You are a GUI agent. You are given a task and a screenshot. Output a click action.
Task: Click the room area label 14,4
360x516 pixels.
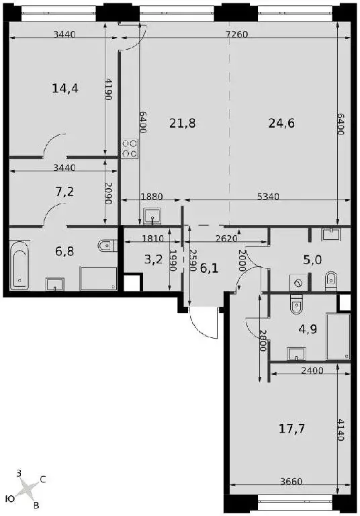point(65,88)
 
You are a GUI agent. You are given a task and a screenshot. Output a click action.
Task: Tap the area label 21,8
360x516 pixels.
point(182,124)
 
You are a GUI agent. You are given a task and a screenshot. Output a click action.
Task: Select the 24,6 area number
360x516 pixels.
point(281,124)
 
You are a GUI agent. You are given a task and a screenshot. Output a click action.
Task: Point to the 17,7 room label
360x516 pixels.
point(291,429)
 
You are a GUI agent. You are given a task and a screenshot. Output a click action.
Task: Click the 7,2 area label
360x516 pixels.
point(64,191)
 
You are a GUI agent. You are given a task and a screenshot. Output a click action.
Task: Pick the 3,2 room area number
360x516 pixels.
point(153,259)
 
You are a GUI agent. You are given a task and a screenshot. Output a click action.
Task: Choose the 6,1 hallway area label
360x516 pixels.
point(210,269)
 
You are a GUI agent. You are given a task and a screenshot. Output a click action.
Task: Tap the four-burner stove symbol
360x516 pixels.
point(130,148)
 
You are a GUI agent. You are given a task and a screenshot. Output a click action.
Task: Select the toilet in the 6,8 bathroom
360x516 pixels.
point(106,245)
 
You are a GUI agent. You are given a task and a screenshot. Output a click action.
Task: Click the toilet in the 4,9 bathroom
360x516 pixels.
point(297,305)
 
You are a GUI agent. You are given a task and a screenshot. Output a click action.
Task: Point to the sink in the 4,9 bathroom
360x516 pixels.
point(296,354)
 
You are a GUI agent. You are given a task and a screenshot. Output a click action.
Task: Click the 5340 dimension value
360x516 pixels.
point(268,196)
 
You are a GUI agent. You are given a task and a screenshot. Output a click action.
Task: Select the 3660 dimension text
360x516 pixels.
point(291,481)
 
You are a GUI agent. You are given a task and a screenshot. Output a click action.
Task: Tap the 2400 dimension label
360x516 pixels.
point(312,371)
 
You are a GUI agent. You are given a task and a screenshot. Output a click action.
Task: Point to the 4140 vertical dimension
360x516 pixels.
point(341,429)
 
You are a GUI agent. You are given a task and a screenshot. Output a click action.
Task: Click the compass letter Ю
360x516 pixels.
point(11,499)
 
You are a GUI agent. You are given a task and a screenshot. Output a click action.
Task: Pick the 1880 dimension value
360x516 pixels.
point(152,196)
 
